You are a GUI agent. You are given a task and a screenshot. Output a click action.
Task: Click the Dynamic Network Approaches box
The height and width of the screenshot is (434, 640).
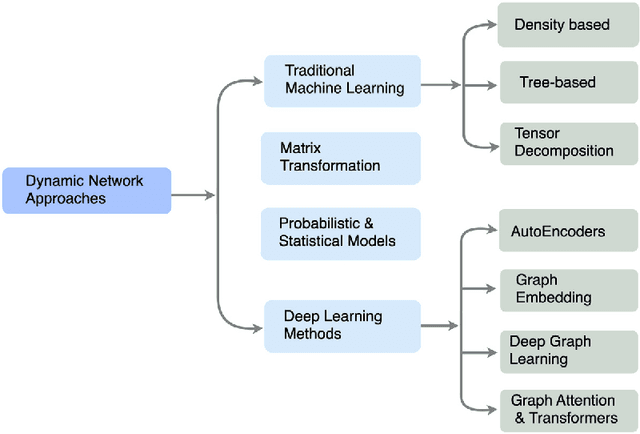click(x=86, y=190)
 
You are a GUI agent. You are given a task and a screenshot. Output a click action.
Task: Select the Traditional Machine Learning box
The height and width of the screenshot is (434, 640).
click(x=341, y=80)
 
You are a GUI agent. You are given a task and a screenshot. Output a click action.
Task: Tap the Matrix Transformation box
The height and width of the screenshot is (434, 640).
click(x=341, y=157)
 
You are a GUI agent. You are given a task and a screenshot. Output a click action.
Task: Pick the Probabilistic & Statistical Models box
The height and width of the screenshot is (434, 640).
click(x=341, y=232)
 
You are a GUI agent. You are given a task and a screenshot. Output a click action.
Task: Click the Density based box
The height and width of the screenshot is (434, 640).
click(x=567, y=25)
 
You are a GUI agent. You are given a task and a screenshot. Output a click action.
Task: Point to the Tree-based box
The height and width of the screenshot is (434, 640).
click(x=567, y=82)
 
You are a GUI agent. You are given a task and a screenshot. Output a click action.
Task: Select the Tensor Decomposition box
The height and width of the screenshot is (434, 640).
click(x=567, y=142)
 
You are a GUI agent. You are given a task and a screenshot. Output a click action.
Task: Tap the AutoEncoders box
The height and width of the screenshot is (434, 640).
click(x=567, y=231)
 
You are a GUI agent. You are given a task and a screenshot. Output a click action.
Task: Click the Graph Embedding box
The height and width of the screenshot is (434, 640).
click(x=567, y=289)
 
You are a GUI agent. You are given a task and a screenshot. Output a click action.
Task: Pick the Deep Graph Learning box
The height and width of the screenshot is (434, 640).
click(x=567, y=349)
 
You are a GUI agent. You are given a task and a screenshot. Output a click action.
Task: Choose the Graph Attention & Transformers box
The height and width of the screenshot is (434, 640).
click(x=567, y=409)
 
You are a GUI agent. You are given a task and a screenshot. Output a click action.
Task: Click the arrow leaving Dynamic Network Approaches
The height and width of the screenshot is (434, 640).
click(x=194, y=195)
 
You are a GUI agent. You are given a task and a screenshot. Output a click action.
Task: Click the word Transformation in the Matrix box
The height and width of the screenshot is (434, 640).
click(x=330, y=165)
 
